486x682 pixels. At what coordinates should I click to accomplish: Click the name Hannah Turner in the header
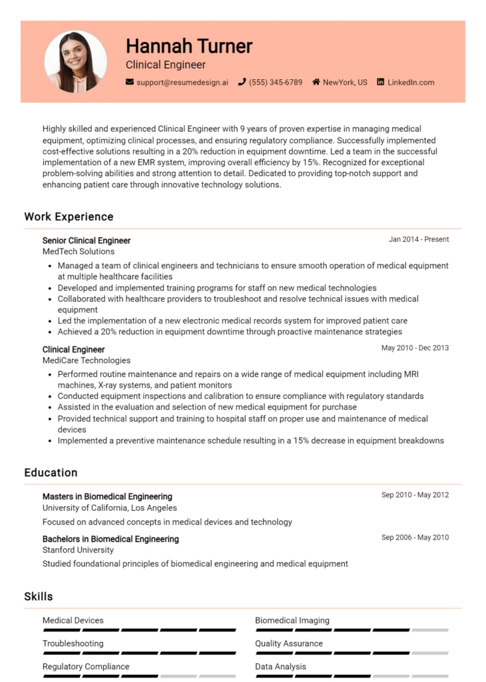point(189,46)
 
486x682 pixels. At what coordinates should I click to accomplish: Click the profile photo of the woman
point(75,62)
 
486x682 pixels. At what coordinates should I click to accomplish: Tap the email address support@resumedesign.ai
point(182,83)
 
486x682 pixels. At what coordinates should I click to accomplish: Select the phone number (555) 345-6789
point(275,83)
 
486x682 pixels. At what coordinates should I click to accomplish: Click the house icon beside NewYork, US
point(316,83)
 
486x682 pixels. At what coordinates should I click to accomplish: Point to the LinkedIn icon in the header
point(381,83)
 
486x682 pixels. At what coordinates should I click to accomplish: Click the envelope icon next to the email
point(129,83)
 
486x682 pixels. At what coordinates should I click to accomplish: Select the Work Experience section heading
point(69,216)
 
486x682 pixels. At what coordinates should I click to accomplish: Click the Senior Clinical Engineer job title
point(87,240)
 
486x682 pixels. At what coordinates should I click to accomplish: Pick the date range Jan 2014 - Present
point(419,239)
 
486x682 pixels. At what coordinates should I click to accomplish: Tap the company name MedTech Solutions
point(79,251)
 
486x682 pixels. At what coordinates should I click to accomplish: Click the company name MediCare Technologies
point(87,360)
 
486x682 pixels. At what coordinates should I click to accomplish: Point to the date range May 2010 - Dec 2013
point(415,348)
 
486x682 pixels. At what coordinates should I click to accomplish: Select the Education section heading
point(51,472)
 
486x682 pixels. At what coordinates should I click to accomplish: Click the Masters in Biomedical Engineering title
point(107,496)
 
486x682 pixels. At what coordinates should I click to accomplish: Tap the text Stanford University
point(78,550)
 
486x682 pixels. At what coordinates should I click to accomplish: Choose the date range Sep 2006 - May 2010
point(415,537)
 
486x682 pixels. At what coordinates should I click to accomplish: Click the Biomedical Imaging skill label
point(292,620)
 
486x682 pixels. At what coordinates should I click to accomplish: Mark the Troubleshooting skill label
point(73,643)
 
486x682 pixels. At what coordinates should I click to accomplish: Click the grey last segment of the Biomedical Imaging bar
point(430,630)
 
